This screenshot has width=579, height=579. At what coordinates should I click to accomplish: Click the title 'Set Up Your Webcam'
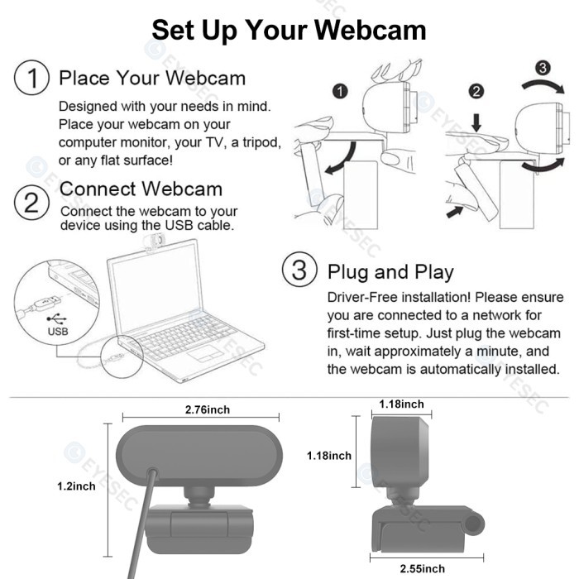coord(289,30)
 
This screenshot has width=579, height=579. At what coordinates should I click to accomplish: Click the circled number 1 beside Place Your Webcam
coord(31,79)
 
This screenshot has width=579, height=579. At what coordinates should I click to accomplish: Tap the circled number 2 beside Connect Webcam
coord(31,202)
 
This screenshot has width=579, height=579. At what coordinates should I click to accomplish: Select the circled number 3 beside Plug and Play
coord(299,270)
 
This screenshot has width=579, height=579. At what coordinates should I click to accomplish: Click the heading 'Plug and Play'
coord(390,271)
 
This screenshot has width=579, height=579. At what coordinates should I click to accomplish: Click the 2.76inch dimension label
coord(207,410)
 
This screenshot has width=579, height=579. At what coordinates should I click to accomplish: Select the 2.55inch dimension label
coord(422,568)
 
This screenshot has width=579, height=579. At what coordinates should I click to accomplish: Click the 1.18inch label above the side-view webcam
coord(401,404)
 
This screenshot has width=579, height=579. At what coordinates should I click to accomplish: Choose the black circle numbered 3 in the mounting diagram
coord(542,67)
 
